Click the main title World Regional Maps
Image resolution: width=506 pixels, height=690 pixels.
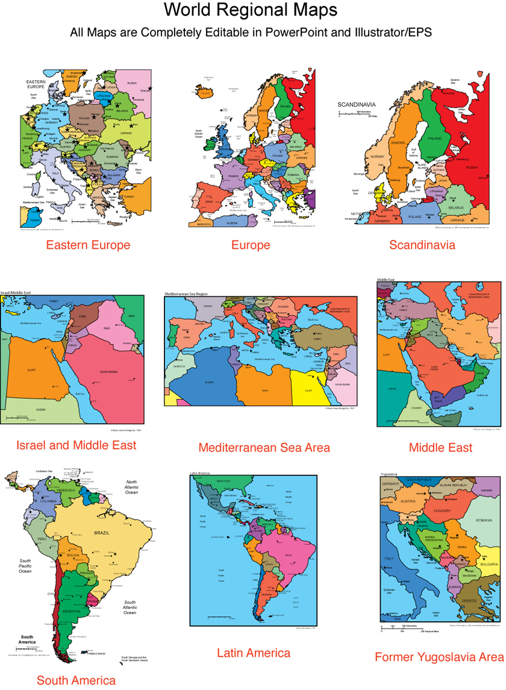click(251, 10)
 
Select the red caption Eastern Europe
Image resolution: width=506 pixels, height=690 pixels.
click(88, 245)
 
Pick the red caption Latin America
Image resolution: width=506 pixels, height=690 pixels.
click(254, 653)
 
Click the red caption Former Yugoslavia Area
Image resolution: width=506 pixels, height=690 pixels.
click(439, 657)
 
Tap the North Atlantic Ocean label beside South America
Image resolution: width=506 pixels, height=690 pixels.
click(132, 487)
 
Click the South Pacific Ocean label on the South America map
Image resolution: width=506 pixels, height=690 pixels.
click(25, 566)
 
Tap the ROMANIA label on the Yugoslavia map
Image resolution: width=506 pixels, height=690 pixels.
click(484, 520)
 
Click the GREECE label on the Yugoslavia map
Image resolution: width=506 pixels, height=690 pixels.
click(469, 601)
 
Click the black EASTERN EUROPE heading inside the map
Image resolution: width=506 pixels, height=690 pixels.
click(36, 84)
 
